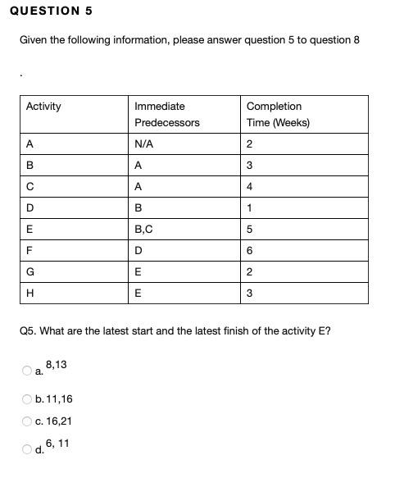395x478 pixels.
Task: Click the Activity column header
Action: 43,107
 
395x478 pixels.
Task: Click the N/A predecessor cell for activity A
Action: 143,144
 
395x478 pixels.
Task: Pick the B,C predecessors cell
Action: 145,230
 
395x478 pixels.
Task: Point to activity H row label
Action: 30,294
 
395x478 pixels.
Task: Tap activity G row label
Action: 30,272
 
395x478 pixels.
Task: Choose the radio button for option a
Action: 27,371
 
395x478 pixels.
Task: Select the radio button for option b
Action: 27,400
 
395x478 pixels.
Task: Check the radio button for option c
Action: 27,421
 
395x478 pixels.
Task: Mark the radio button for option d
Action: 27,449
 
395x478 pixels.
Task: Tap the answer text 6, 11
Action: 57,443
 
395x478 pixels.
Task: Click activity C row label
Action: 30,187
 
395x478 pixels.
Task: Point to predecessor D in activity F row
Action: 138,251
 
